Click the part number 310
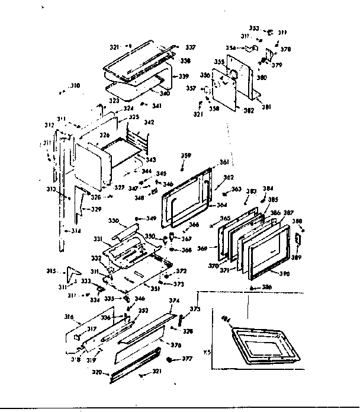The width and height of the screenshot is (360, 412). tap(74, 86)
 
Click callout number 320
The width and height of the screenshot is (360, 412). tap(98, 373)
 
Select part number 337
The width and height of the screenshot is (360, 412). tap(191, 47)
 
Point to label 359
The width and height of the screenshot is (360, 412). tap(186, 156)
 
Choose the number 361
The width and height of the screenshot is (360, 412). tap(223, 162)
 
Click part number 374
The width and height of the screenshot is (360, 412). tap(174, 301)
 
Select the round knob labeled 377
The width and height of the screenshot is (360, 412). tap(171, 360)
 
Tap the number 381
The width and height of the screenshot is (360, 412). tap(266, 107)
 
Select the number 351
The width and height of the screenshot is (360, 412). tap(155, 289)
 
